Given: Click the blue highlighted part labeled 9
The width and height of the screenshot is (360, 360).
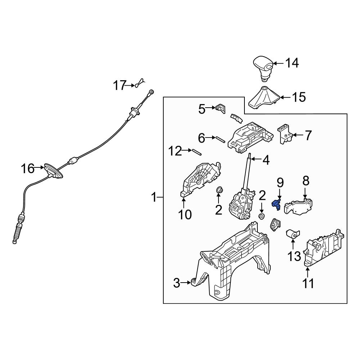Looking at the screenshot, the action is pos(276,204).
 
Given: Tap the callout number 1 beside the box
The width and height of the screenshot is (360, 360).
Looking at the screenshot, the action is pos(154,197).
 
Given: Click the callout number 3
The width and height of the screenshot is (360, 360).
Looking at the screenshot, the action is pos(176,283).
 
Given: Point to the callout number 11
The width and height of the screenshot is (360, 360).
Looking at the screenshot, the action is pos(308,283).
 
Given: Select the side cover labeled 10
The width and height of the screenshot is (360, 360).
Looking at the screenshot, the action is pos(200,179).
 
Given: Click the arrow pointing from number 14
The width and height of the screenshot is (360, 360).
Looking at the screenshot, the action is pos(278,63).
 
